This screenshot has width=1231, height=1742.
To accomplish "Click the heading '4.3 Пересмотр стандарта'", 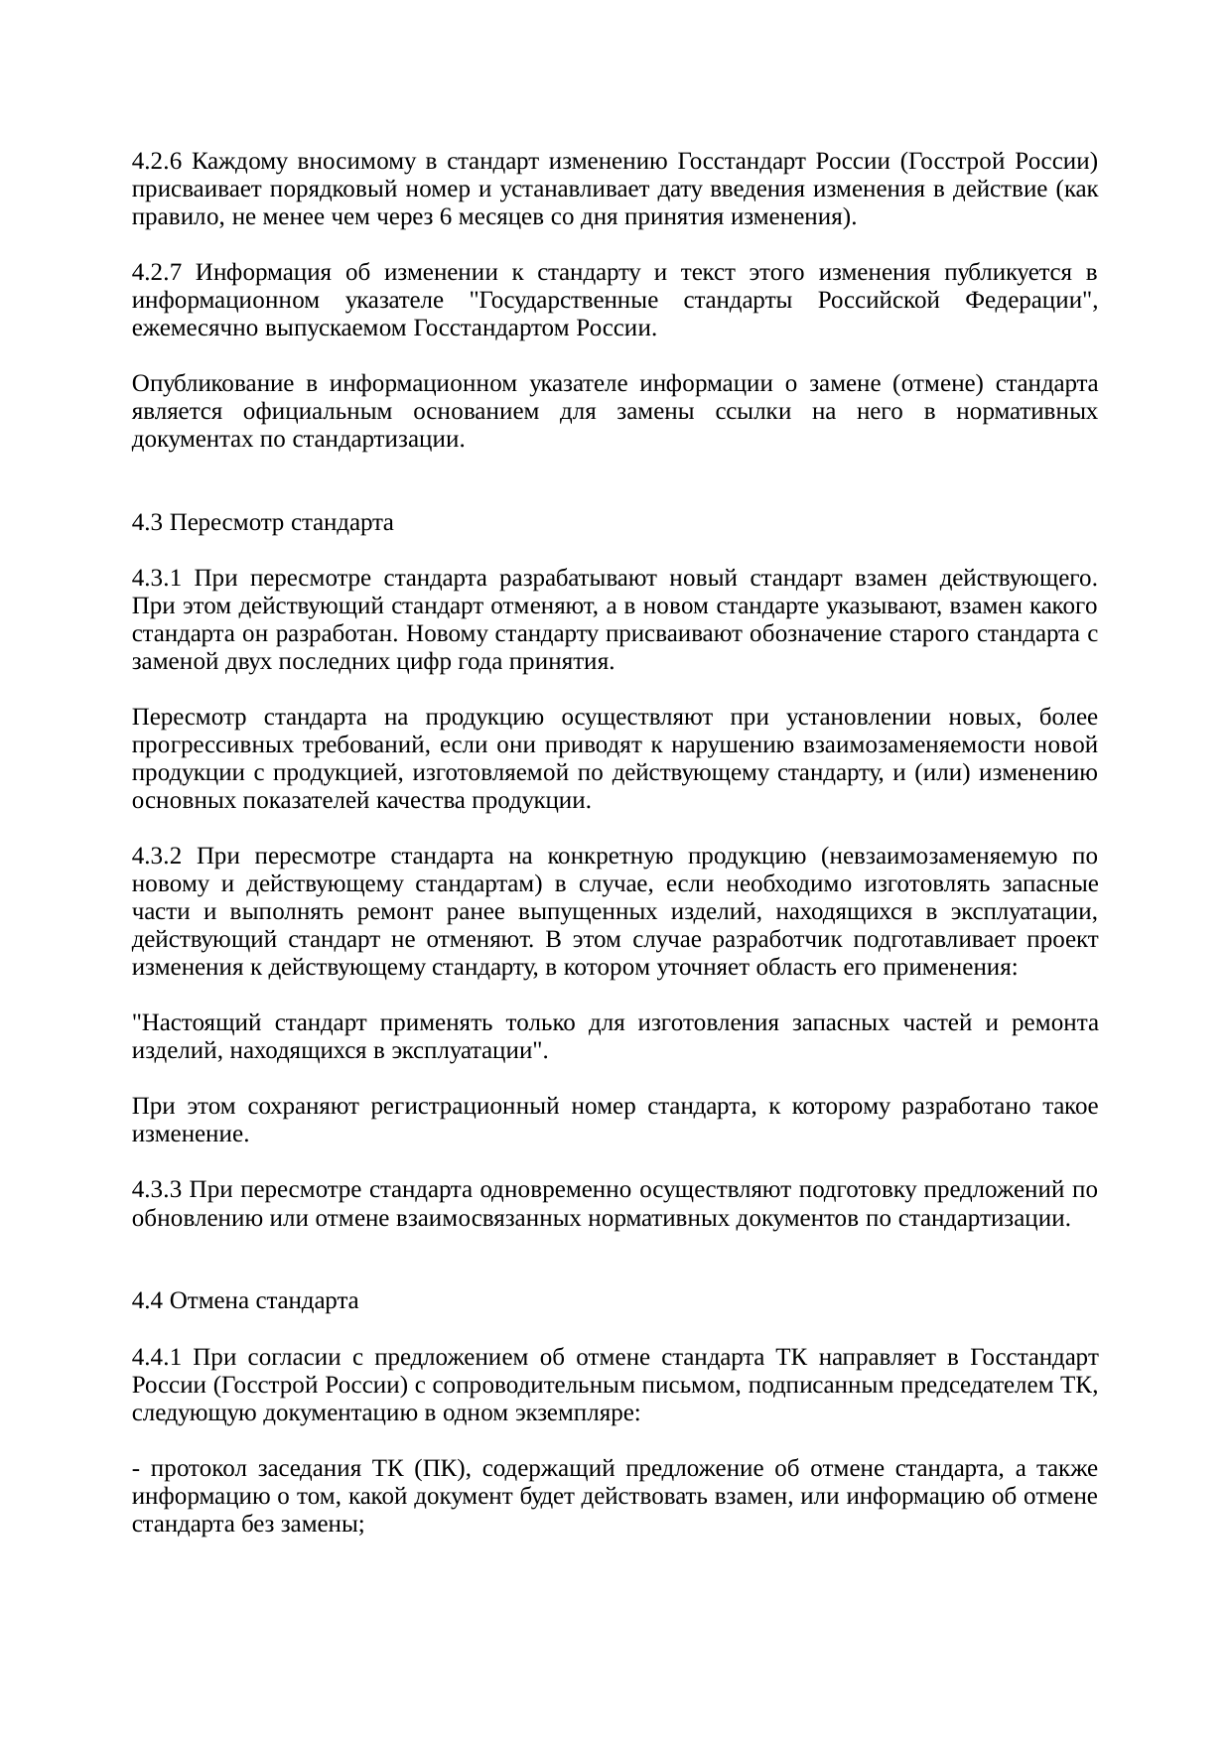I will coord(262,523).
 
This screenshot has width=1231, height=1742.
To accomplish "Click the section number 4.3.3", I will coord(157,1190).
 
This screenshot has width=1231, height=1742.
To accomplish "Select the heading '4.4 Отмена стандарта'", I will coord(245,1301).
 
